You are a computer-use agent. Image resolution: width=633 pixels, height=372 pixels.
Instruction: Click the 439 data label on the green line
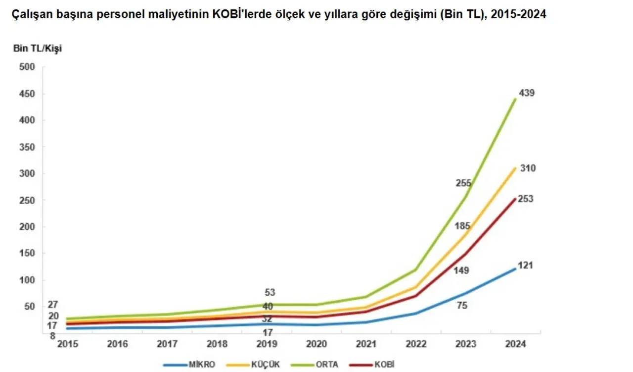527,93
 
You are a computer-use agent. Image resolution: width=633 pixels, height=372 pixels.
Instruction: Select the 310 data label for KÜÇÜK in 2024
528,168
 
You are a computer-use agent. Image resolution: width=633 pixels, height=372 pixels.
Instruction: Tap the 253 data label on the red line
526,199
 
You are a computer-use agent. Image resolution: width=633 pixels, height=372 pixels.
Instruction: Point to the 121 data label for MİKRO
525,266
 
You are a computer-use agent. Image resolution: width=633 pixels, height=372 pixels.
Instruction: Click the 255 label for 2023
463,183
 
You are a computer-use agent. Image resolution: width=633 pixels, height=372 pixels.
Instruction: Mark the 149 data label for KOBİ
461,270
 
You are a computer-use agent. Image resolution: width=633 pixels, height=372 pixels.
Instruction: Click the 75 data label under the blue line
462,306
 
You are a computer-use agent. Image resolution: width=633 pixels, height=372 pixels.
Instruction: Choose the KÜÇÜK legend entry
266,365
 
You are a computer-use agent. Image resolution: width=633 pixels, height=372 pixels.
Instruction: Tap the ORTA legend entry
328,365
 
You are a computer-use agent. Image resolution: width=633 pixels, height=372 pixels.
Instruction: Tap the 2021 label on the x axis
366,344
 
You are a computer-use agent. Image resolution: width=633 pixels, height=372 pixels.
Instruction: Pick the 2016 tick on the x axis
117,344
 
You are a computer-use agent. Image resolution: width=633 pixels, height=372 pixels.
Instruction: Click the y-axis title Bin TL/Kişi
37,48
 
